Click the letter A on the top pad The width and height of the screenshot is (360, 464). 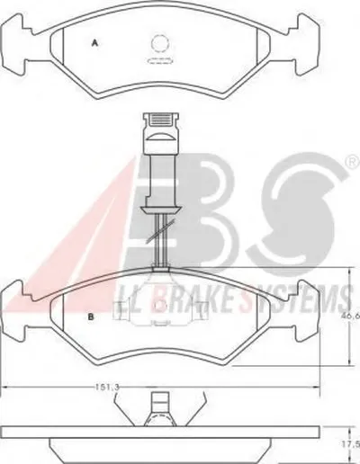(x=94, y=43)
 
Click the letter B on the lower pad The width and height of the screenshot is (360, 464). (x=91, y=317)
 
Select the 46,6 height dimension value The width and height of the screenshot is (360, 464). (x=354, y=316)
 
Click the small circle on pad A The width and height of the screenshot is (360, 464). (x=159, y=44)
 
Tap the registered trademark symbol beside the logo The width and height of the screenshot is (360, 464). (x=355, y=163)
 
